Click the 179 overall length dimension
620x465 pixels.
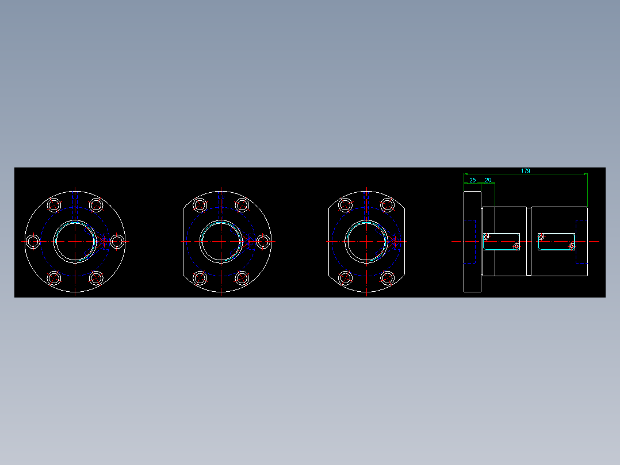525,171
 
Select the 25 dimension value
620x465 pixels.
473,180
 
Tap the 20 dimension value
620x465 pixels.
488,180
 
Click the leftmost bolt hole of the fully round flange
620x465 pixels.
33,241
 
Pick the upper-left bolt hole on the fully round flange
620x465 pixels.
55,205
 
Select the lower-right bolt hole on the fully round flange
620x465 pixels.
96,278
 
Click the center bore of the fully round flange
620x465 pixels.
75,241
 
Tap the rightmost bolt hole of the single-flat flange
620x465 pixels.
263,241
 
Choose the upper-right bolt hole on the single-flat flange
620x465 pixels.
242,205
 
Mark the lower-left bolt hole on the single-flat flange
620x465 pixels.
200,278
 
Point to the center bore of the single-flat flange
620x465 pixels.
221,241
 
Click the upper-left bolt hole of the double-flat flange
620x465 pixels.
346,205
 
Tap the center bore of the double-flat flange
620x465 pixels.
366,241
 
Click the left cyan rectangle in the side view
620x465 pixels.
501,241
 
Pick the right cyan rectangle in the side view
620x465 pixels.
556,241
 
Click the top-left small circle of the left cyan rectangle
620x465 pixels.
486,236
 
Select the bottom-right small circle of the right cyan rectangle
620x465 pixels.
571,246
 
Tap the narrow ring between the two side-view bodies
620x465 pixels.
529,241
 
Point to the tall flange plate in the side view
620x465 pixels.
473,241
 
